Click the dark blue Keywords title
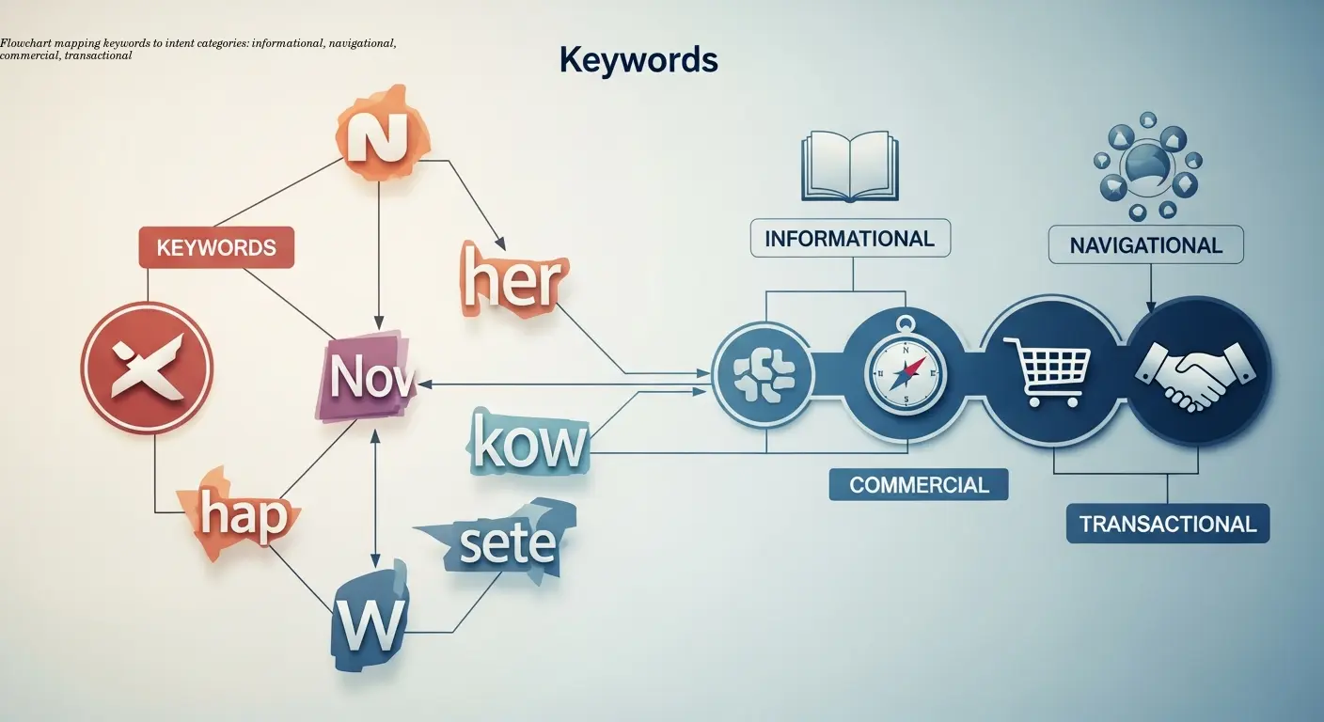click(638, 60)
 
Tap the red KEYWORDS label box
click(216, 248)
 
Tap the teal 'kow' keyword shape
click(528, 445)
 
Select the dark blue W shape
click(369, 617)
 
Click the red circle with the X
click(147, 368)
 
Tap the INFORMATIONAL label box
click(849, 239)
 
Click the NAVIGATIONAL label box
click(1145, 245)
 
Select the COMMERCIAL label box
click(919, 485)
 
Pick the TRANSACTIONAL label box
click(1167, 524)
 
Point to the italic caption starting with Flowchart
click(197, 50)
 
